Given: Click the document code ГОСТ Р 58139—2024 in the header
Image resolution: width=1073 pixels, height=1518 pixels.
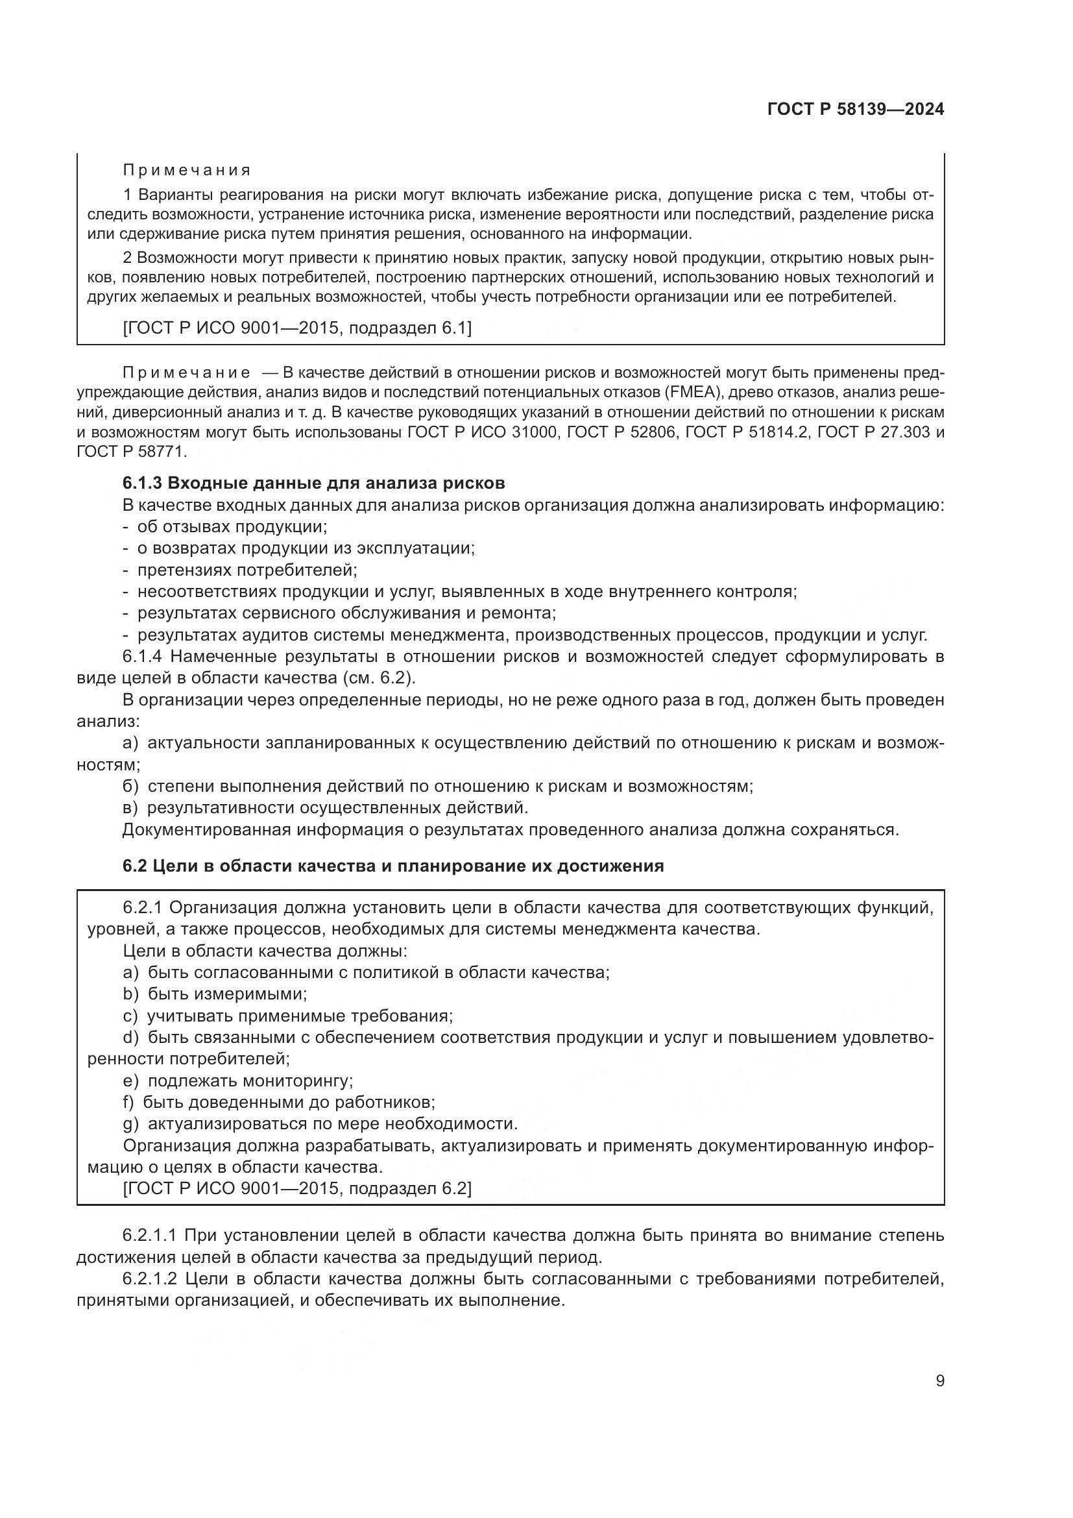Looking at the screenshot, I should (x=855, y=109).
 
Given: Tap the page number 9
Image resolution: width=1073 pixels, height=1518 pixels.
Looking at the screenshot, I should (x=939, y=1381).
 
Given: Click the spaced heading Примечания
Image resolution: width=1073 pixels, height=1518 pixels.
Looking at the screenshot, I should (x=187, y=171).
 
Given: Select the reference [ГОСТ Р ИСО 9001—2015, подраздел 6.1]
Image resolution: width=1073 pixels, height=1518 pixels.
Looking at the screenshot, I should (x=297, y=328).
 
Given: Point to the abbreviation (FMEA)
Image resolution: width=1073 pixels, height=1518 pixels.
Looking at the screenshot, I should (x=690, y=392).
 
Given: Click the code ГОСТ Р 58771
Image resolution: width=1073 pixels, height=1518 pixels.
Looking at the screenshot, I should (x=132, y=452).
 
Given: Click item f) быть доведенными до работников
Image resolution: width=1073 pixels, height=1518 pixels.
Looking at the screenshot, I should (x=278, y=1102).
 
